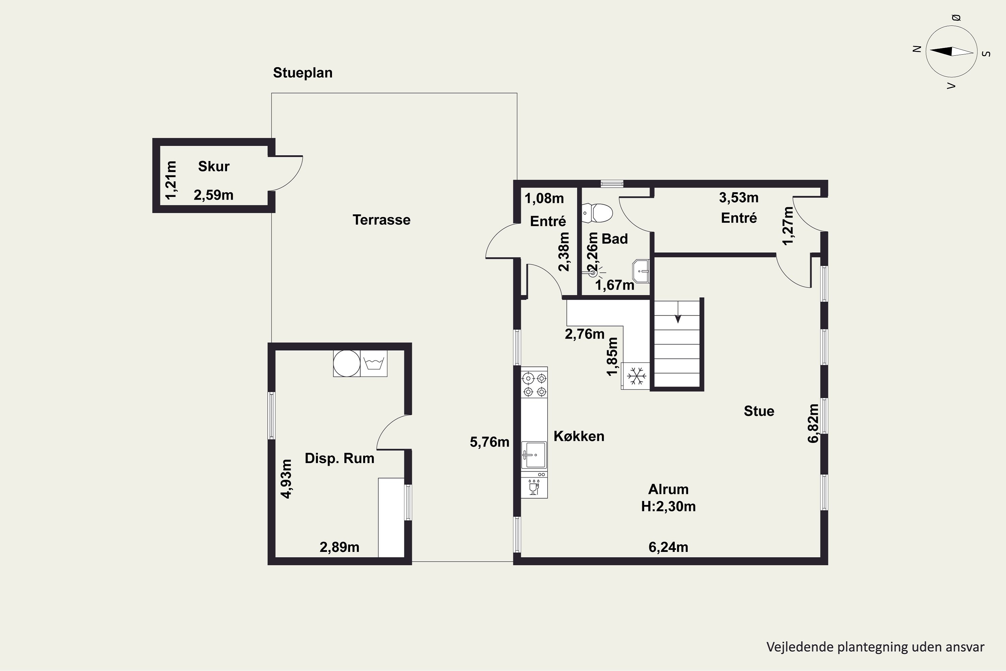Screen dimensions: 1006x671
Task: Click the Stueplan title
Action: pos(303,73)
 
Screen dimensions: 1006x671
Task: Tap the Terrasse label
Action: pos(382,220)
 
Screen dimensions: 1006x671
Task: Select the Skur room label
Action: pos(214,166)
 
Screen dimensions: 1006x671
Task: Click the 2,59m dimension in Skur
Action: pos(213,195)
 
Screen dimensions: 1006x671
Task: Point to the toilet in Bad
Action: pos(597,213)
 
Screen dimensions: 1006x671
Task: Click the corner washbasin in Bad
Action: pos(641,271)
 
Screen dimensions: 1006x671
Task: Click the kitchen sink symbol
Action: pos(534,455)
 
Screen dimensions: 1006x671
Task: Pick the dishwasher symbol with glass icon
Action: pos(534,486)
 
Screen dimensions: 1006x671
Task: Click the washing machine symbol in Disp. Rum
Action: pos(374,363)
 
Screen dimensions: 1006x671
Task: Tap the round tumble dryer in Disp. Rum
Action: pos(347,363)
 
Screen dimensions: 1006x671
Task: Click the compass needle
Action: pos(952,51)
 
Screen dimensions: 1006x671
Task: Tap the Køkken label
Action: pos(579,436)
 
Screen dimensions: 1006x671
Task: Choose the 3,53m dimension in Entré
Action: pos(739,198)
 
